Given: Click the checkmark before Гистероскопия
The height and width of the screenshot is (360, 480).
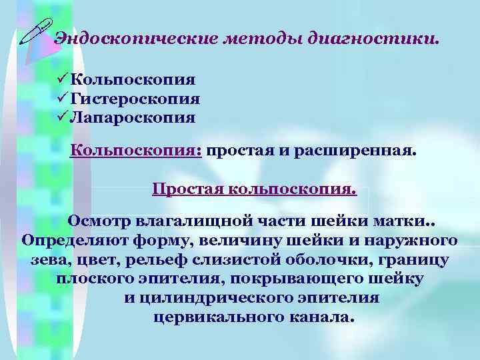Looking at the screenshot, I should [63, 99].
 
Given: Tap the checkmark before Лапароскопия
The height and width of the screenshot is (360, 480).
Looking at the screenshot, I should [63, 118].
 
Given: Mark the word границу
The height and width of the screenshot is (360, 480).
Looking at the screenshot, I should [413, 259].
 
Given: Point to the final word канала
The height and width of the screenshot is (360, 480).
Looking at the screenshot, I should [324, 317].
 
